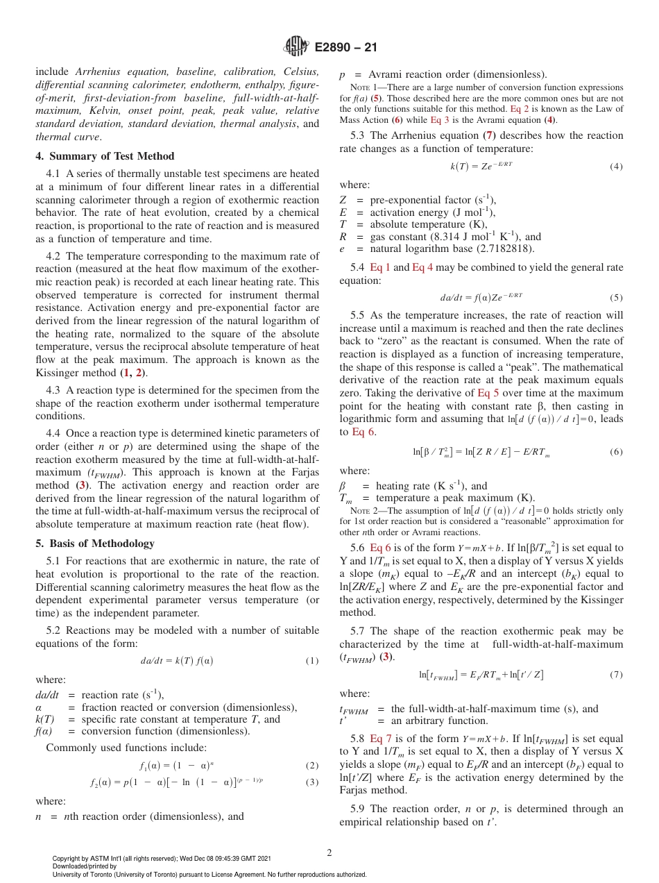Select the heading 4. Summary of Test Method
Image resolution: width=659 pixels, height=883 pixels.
[x=105, y=156]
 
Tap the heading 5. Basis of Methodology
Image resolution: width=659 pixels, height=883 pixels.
[x=94, y=544]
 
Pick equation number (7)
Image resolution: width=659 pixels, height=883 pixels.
[x=616, y=674]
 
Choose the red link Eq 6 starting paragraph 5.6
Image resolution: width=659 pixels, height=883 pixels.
[x=380, y=547]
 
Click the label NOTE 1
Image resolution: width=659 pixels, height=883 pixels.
[x=361, y=87]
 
